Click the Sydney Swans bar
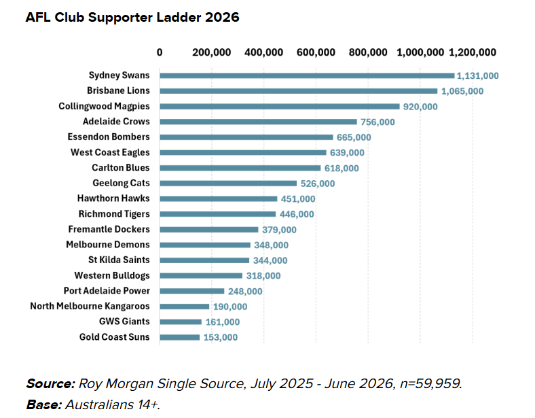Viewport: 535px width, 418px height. (x=307, y=75)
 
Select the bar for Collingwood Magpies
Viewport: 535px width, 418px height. (x=280, y=107)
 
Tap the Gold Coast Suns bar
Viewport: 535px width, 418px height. (x=179, y=337)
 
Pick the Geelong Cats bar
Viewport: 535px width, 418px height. (x=228, y=184)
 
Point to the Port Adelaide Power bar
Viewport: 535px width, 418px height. (x=191, y=291)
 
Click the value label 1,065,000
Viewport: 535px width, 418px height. (x=462, y=91)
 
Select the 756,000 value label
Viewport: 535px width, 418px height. (x=377, y=122)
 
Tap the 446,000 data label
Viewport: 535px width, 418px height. (x=297, y=214)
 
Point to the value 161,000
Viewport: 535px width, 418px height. (x=223, y=322)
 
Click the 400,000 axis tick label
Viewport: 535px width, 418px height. (x=263, y=52)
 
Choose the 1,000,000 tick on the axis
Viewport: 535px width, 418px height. (x=420, y=52)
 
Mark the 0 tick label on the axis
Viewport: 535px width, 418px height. (x=160, y=52)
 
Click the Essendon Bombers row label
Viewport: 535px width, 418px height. (x=109, y=137)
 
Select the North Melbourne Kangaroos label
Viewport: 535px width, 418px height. (x=90, y=306)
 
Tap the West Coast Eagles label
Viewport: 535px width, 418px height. (x=110, y=152)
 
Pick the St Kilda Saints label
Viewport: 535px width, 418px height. (x=119, y=260)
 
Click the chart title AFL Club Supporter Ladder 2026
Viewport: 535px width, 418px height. (x=132, y=18)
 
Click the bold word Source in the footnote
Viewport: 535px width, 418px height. (x=50, y=383)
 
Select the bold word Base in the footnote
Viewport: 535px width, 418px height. (x=44, y=404)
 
